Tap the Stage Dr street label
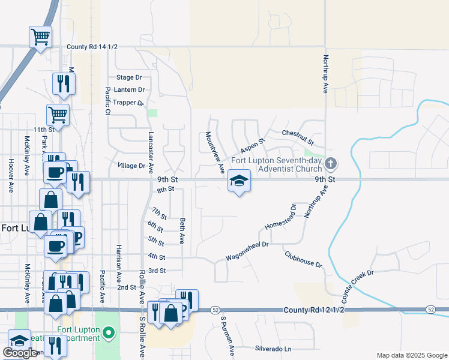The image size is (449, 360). (129, 77)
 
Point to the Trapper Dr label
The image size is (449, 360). (129, 103)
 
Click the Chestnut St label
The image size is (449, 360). (298, 137)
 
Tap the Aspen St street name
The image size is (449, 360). (253, 146)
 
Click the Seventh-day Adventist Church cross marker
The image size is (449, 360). (330, 164)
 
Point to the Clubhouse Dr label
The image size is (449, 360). (303, 260)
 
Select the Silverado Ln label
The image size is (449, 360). (273, 349)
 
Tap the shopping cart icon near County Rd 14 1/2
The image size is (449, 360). (40, 37)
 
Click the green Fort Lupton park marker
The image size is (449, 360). (109, 331)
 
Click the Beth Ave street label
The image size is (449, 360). (182, 230)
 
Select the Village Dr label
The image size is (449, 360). (131, 166)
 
